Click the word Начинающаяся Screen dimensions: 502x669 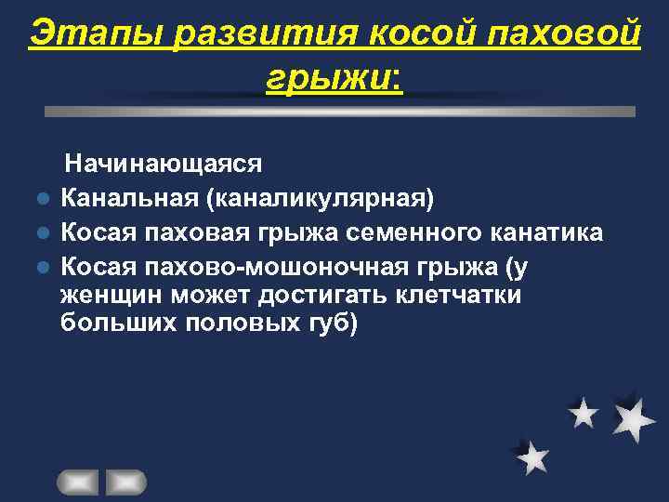point(163,165)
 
